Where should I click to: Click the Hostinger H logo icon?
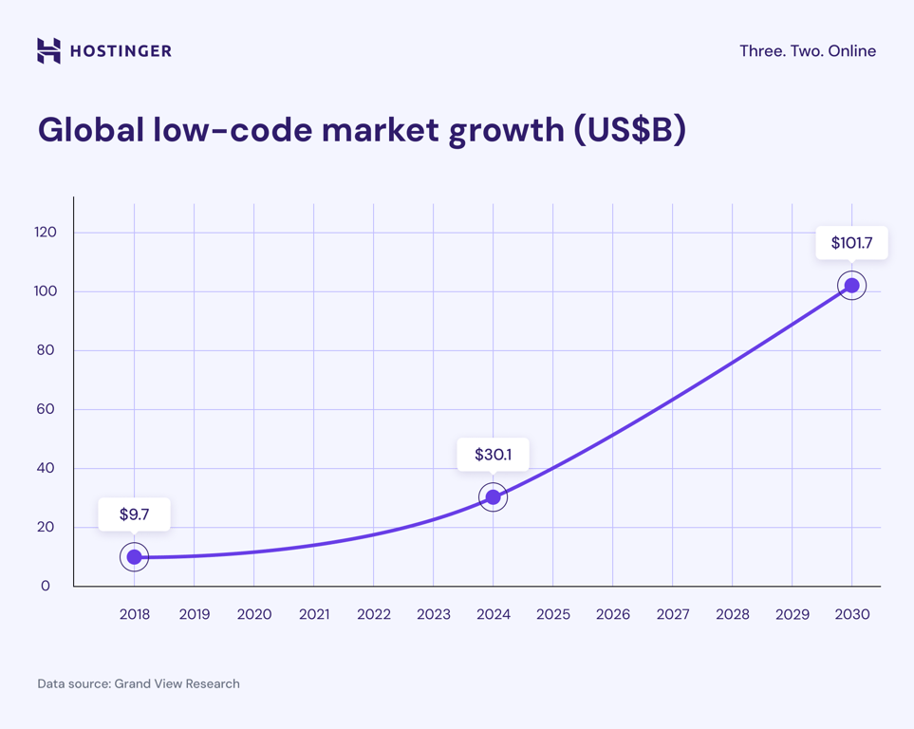pos(48,50)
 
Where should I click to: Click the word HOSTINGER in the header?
pos(121,51)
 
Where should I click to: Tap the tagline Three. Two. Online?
pos(807,51)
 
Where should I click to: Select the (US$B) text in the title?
pos(629,129)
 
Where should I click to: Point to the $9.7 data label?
pos(134,514)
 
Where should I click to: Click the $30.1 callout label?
pos(493,455)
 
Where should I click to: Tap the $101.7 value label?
pos(851,243)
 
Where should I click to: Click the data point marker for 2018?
pos(135,557)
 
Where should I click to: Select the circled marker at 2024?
pos(493,497)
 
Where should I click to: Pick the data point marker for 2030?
pos(851,286)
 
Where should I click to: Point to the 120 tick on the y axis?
pos(45,233)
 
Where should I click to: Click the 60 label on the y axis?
pos(46,409)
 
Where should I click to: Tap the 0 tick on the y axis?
pos(46,586)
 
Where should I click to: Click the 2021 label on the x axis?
pos(314,614)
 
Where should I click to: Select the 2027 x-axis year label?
pos(672,614)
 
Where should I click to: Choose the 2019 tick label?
pos(195,614)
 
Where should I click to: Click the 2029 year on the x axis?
pos(792,614)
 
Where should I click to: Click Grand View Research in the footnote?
pos(177,683)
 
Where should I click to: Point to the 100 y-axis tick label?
pos(45,291)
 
